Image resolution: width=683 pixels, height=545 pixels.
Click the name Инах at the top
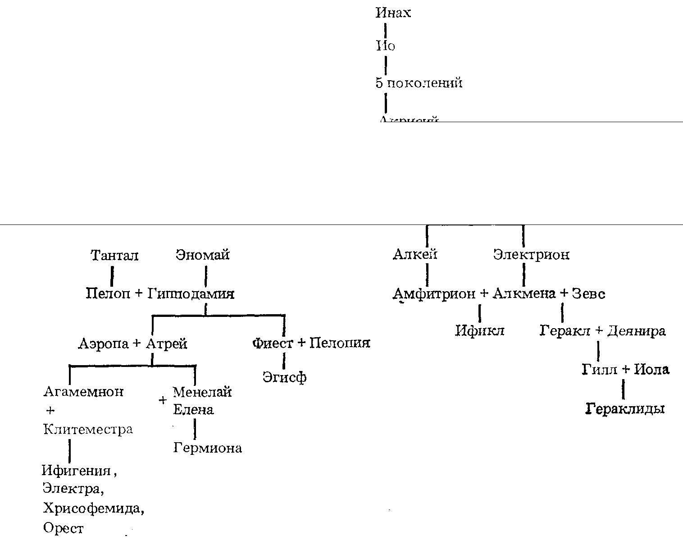(393, 13)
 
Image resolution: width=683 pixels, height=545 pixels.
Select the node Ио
(385, 46)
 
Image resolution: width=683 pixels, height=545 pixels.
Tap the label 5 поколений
(419, 83)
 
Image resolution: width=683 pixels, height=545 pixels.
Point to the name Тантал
(114, 256)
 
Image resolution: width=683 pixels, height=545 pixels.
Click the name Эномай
(203, 255)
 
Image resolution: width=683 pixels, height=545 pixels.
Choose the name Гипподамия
(191, 294)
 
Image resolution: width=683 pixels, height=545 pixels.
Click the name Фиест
(273, 343)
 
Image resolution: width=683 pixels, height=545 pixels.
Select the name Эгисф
(284, 377)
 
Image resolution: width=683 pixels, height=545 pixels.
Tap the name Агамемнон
(83, 391)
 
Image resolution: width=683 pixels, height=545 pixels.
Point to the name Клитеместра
(88, 429)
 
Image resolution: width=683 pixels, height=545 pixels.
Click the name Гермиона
(207, 448)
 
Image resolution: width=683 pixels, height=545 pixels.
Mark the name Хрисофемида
(94, 508)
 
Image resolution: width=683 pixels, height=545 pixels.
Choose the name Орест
(63, 528)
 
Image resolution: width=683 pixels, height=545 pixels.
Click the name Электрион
(531, 255)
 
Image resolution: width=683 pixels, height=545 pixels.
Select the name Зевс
(588, 294)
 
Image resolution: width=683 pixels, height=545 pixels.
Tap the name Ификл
(479, 331)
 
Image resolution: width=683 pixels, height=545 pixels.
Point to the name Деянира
(636, 331)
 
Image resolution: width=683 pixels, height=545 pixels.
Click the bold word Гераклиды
(625, 409)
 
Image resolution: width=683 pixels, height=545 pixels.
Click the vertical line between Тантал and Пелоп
(112, 275)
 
